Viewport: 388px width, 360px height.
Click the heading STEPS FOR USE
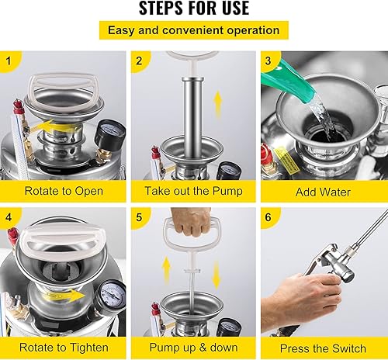click(193, 9)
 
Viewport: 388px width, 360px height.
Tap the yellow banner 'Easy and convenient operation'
click(193, 30)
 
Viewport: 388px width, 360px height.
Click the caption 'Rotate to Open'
click(63, 190)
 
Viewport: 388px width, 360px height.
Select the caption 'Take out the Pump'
click(193, 190)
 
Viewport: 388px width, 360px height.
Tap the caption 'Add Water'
click(324, 190)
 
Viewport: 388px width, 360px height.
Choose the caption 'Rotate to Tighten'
click(63, 348)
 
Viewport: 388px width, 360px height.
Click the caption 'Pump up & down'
click(193, 348)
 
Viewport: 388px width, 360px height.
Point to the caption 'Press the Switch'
click(324, 348)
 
